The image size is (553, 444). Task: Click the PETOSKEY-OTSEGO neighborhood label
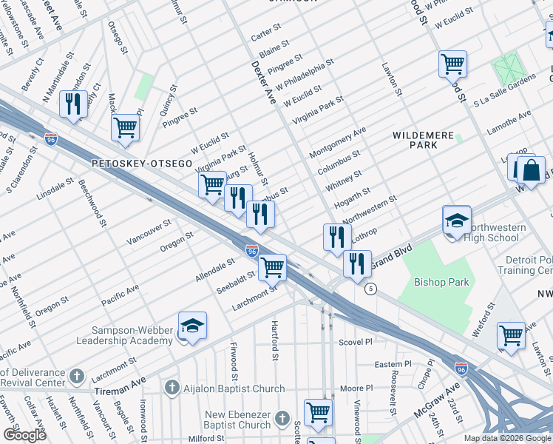coord(141,162)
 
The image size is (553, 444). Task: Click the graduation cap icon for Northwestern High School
coord(457,221)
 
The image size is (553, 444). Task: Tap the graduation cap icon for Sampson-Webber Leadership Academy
coord(191,327)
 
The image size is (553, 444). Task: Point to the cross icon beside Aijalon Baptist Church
coord(172,388)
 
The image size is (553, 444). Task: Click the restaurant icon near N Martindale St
coord(73,105)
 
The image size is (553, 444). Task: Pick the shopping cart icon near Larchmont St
coord(273,268)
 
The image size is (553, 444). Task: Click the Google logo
coord(24,435)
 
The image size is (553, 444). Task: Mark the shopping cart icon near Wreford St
coord(511,336)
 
